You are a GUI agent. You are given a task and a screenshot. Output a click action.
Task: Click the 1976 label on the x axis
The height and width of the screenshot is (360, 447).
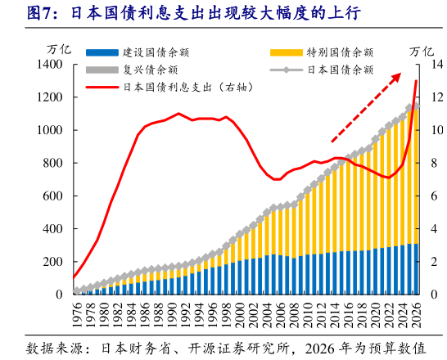click(x=78, y=313)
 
